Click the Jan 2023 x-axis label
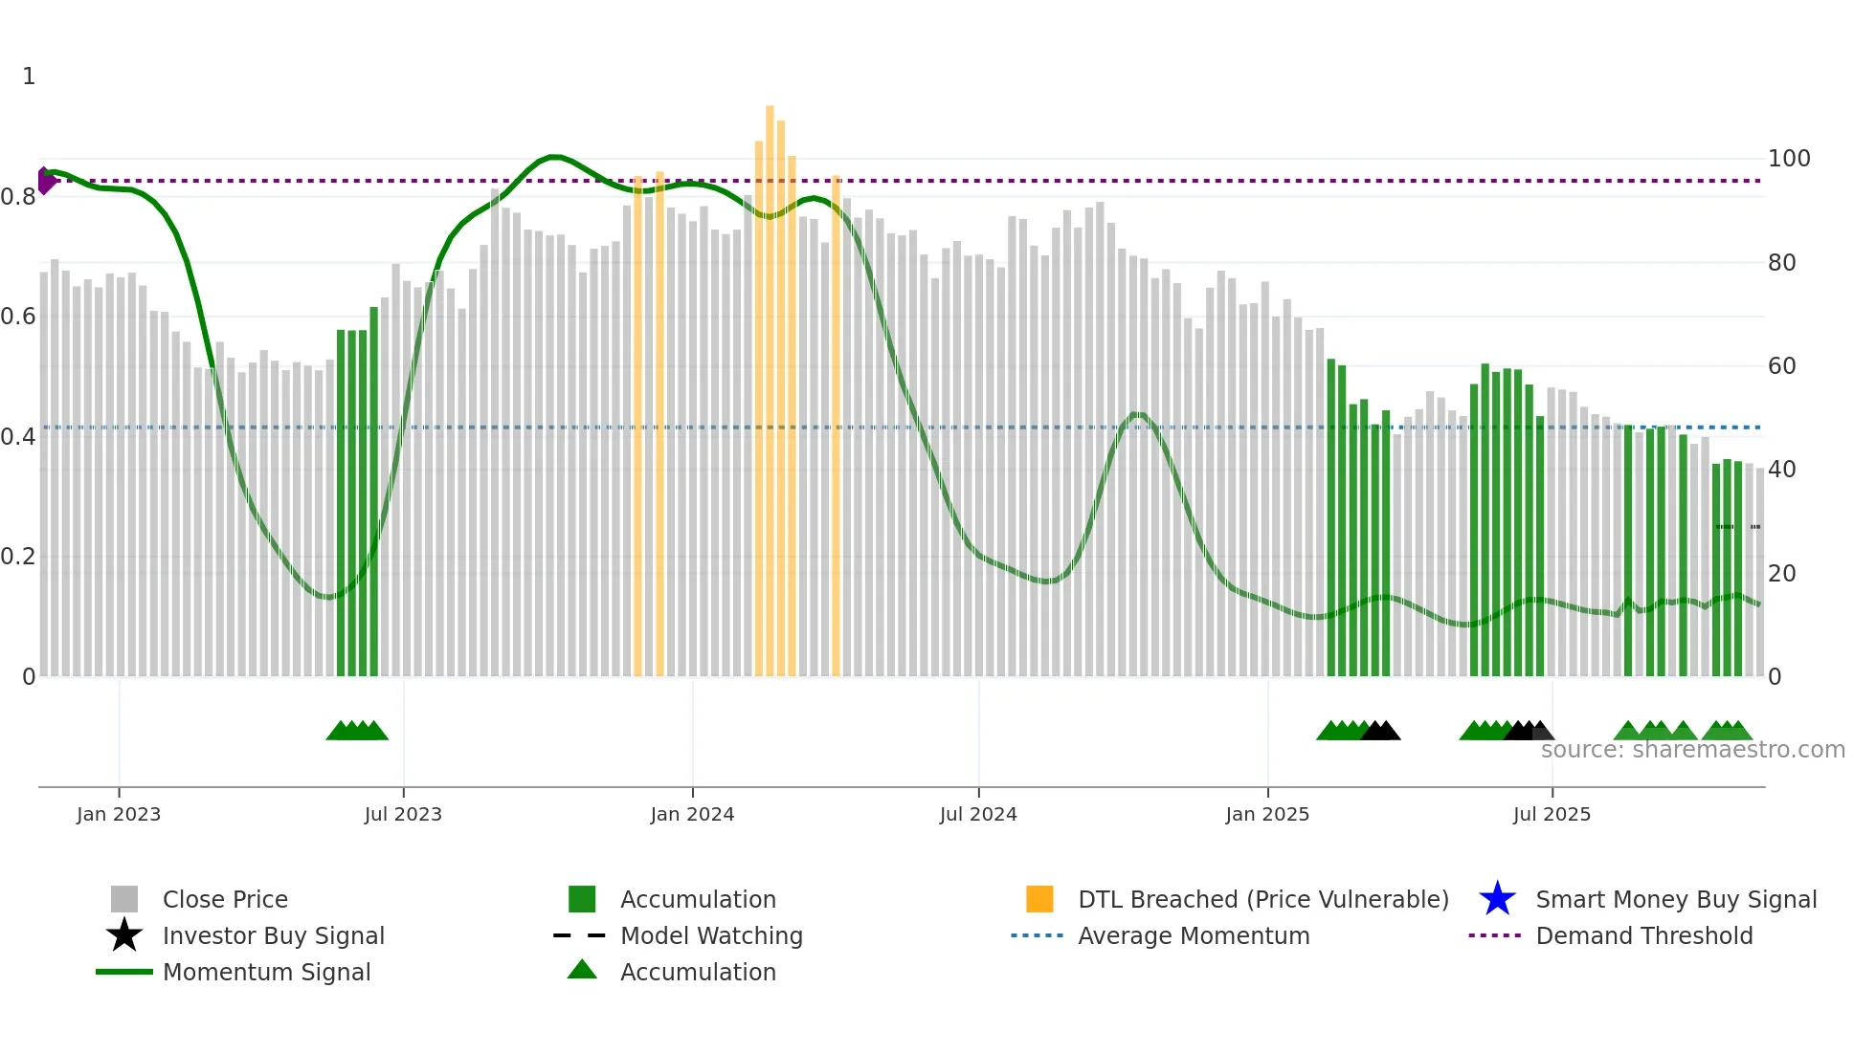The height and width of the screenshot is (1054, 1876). click(119, 814)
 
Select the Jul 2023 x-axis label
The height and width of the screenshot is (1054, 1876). click(403, 814)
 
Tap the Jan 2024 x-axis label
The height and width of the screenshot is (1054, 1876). click(692, 814)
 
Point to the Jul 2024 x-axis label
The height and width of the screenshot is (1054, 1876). click(978, 814)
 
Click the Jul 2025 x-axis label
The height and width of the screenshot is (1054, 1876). click(1552, 814)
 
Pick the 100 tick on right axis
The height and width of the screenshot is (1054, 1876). click(1788, 159)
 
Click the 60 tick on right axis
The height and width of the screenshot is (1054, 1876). click(1781, 366)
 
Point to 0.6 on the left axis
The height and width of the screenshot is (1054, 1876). click(18, 317)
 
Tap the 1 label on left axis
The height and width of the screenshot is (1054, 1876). click(29, 77)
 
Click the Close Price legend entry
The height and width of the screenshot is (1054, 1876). click(225, 899)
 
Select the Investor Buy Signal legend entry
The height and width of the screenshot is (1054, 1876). click(273, 935)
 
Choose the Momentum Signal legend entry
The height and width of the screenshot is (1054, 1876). click(266, 972)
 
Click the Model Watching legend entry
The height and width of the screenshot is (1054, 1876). click(711, 935)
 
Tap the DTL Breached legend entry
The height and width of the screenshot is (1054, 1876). click(1262, 899)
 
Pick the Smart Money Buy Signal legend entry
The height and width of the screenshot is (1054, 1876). click(1675, 899)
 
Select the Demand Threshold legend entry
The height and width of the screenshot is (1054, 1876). click(1643, 935)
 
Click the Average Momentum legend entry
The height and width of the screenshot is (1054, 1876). click(1193, 935)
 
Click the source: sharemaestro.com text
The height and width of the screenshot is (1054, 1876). click(1692, 750)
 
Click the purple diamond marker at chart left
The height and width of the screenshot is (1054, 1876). click(45, 181)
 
